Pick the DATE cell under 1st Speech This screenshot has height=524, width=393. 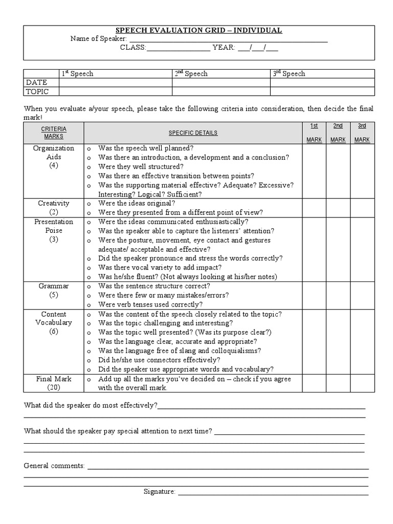tap(115, 82)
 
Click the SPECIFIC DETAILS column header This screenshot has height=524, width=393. tap(193, 133)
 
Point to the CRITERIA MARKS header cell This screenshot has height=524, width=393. tap(54, 133)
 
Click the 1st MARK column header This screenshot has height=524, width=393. tap(314, 133)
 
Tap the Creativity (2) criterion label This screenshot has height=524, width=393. tap(54, 207)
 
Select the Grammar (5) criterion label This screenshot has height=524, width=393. tap(54, 290)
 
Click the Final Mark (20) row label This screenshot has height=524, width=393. tap(54, 383)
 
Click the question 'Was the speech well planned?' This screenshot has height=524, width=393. tap(146, 148)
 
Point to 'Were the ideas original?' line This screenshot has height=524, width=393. tap(137, 203)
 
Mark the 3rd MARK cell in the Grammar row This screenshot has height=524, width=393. tap(362, 295)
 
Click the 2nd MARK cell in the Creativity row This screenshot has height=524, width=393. tap(338, 207)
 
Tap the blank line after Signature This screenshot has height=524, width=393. tap(273, 492)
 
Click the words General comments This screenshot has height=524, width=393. tap(54, 466)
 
